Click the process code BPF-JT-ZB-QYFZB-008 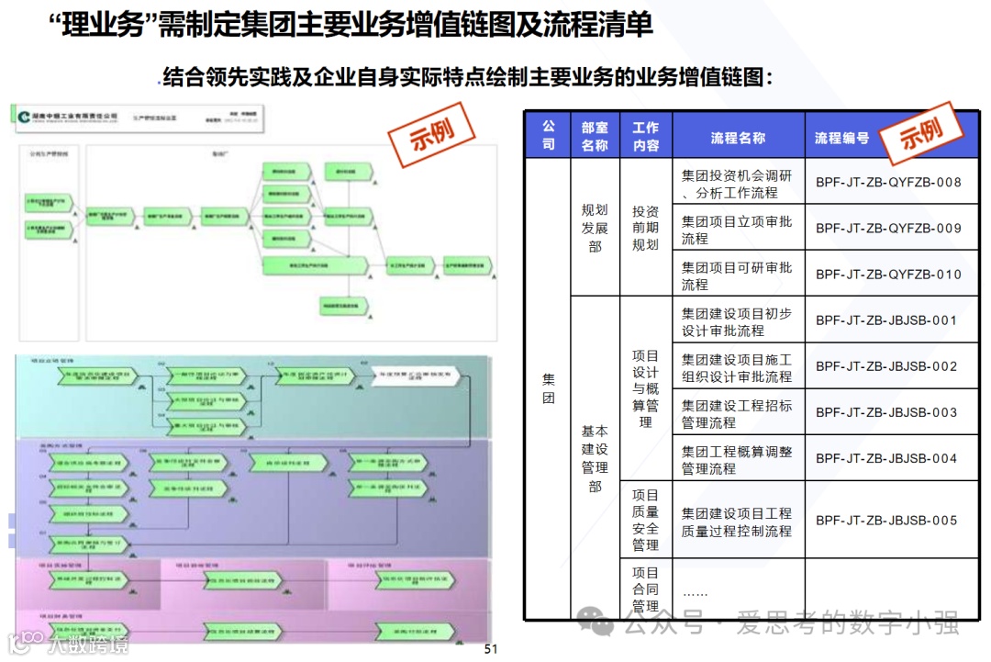pos(888,182)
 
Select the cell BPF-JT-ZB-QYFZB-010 pos(888,275)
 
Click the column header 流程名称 pos(738,138)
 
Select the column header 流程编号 pos(841,138)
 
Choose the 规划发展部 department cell pos(595,228)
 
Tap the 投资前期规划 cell pos(645,228)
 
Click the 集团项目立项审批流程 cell pos(737,229)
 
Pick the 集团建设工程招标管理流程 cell pos(737,413)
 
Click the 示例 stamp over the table pos(920,134)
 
